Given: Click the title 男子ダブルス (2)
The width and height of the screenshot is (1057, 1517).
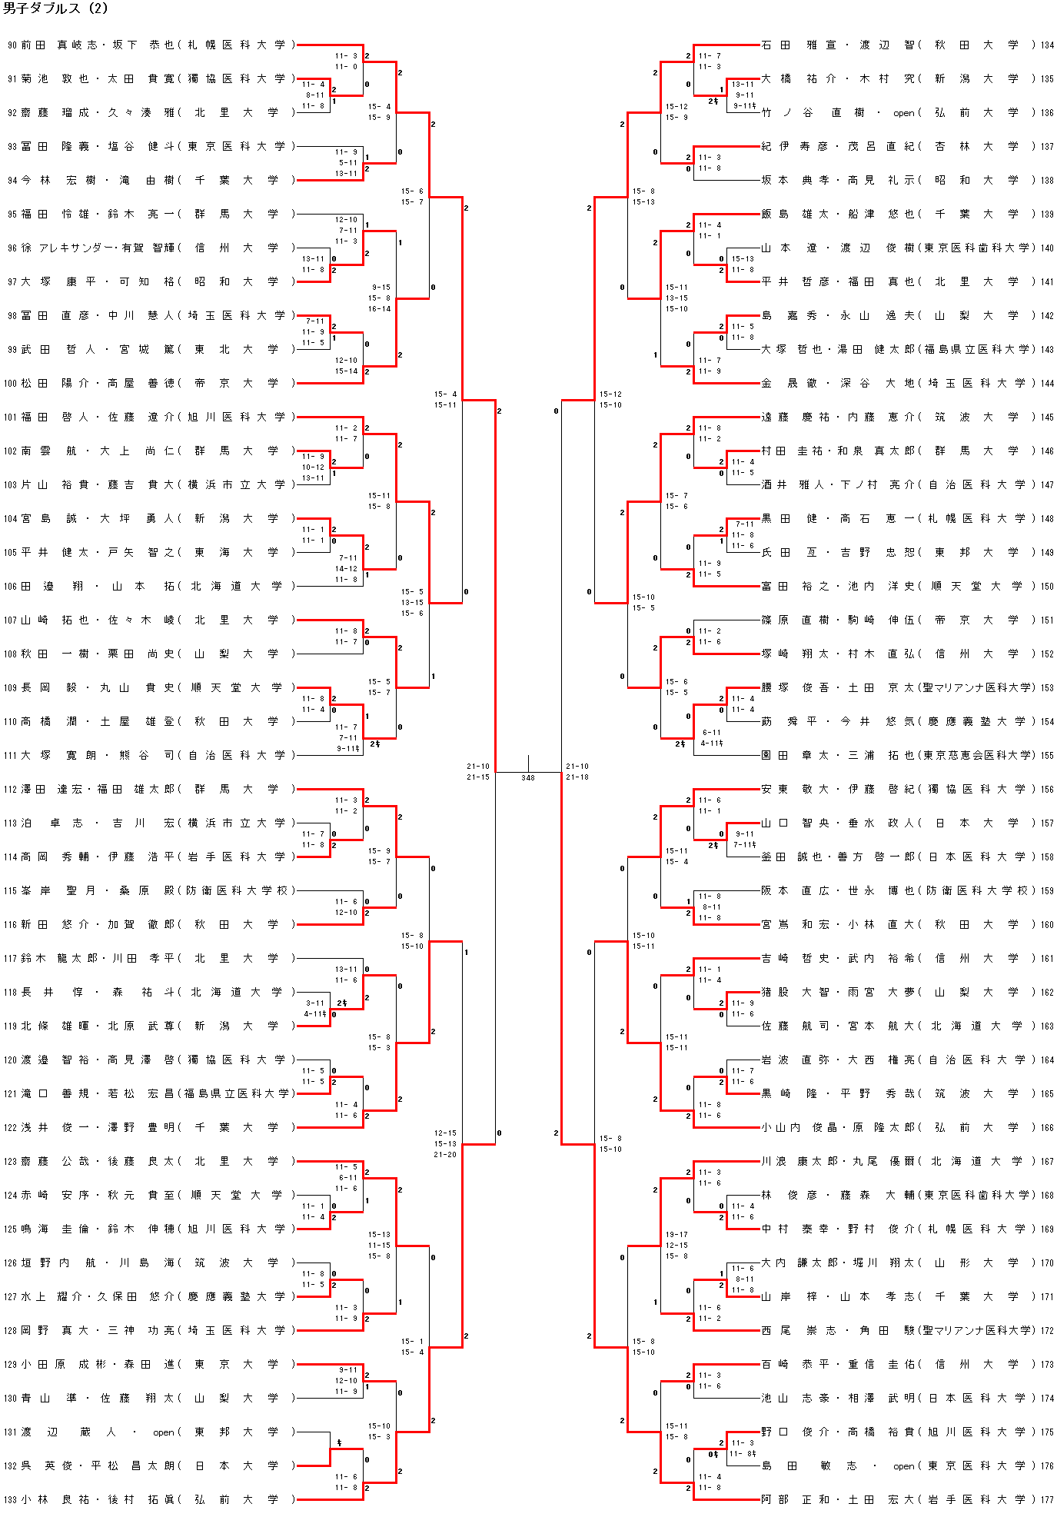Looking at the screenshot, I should pyautogui.click(x=55, y=9).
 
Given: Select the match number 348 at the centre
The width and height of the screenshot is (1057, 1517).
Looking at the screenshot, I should pyautogui.click(x=528, y=777).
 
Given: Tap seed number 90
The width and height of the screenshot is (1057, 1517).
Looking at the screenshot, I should pyautogui.click(x=12, y=45).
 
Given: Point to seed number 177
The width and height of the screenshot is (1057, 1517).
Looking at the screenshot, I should pyautogui.click(x=1047, y=1499).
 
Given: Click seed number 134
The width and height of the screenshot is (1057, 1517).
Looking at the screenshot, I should pyautogui.click(x=1047, y=45).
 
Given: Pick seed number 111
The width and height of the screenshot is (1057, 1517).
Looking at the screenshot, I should pyautogui.click(x=10, y=756).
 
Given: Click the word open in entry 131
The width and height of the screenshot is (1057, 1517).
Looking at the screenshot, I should pyautogui.click(x=164, y=1432).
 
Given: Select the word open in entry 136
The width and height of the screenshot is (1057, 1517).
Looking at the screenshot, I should pyautogui.click(x=904, y=113).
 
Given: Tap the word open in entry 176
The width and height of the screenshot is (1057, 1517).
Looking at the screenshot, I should pyautogui.click(x=904, y=1466).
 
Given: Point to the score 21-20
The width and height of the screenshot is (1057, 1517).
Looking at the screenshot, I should pyautogui.click(x=445, y=1155).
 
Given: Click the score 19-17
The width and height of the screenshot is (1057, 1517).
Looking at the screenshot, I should pyautogui.click(x=676, y=1234).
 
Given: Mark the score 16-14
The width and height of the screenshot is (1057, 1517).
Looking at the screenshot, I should pyautogui.click(x=379, y=309).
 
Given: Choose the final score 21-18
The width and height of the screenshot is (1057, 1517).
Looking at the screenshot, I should pyautogui.click(x=577, y=777).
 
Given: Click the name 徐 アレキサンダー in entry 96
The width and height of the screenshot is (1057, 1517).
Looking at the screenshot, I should pyautogui.click(x=68, y=248).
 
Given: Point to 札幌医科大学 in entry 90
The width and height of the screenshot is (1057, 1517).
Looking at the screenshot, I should pyautogui.click(x=235, y=45).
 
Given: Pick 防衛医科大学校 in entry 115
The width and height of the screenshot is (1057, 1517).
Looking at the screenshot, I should pyautogui.click(x=237, y=891).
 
